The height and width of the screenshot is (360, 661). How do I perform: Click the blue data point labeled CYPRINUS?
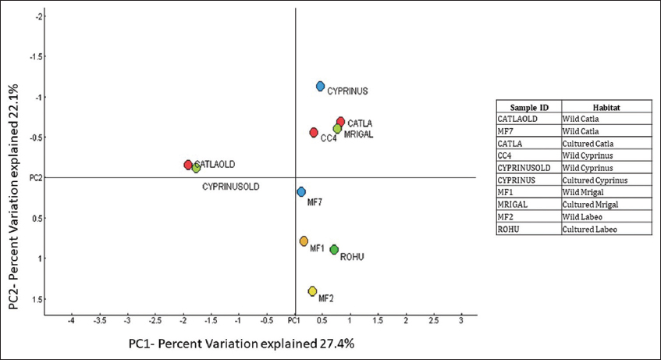320,87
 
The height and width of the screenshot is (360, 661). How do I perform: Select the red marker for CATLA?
340,122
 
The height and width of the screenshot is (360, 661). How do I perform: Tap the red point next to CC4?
314,133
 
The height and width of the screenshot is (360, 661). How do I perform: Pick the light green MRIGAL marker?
337,129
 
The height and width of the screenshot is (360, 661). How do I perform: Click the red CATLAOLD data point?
188,165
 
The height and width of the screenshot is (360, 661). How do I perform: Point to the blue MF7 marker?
301,192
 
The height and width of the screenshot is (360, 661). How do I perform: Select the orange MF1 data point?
304,241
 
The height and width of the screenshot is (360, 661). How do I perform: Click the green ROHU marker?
334,250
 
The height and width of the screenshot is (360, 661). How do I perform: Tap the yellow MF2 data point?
312,291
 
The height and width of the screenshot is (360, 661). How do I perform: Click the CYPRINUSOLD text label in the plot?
230,187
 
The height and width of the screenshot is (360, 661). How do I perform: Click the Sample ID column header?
529,107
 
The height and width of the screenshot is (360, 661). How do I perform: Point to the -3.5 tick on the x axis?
100,321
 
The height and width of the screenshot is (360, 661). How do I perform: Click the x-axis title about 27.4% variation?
236,343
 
